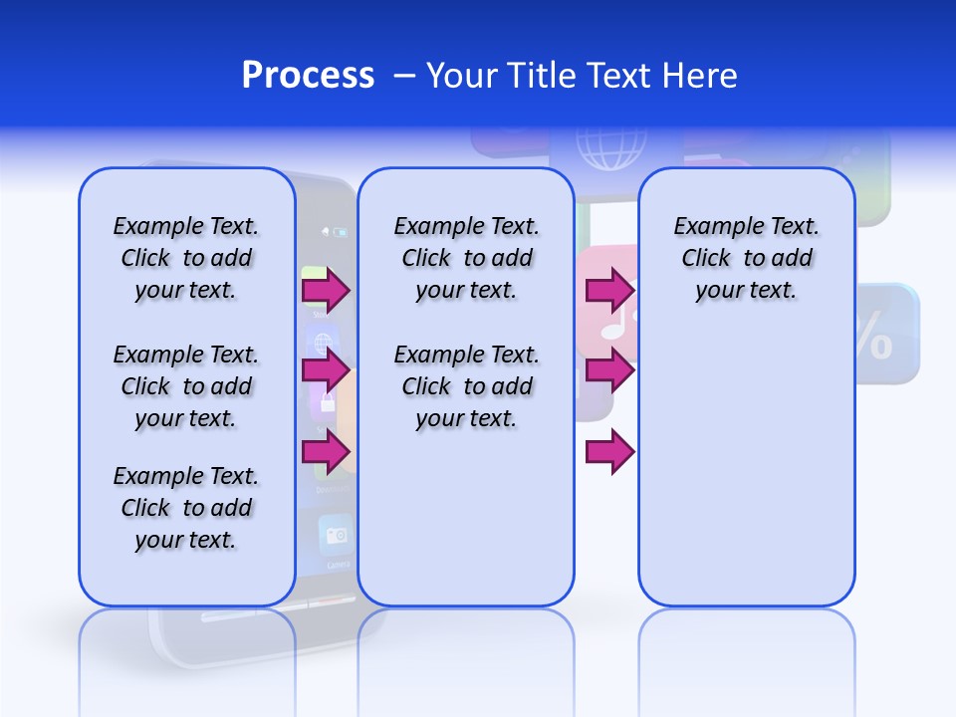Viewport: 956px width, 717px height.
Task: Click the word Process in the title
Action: tap(308, 75)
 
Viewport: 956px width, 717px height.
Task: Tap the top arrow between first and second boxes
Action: tap(326, 290)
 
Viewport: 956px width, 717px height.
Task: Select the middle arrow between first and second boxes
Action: tap(326, 370)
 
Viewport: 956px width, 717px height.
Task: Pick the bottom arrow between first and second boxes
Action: tap(326, 451)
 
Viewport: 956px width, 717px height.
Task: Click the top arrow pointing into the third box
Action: tap(609, 290)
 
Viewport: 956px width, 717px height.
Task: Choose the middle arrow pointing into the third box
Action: tap(609, 370)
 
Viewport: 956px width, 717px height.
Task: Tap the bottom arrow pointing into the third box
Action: tap(609, 451)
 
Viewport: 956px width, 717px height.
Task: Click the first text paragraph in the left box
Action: tap(186, 258)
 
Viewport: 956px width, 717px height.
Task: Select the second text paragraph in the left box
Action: tap(186, 386)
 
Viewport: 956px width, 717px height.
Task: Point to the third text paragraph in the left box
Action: tap(186, 508)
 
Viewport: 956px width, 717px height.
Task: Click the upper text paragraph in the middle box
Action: tap(466, 258)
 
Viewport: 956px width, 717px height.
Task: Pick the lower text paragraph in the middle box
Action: tap(466, 386)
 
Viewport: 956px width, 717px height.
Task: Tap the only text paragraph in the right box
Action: tap(746, 258)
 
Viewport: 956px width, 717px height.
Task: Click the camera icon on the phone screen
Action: tap(336, 536)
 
